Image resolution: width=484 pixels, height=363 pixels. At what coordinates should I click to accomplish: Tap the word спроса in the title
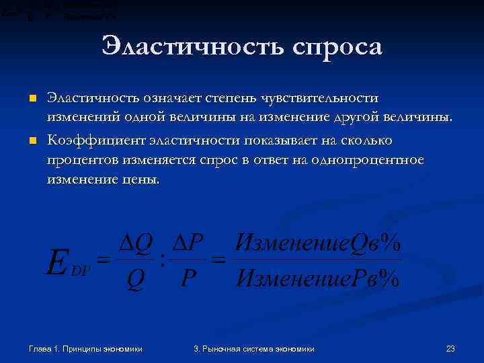(x=337, y=48)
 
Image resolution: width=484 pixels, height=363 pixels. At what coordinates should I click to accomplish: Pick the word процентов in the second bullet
(x=79, y=160)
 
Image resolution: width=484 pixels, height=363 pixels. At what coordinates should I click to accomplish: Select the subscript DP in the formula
(x=81, y=268)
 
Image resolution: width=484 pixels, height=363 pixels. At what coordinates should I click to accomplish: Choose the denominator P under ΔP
(x=189, y=278)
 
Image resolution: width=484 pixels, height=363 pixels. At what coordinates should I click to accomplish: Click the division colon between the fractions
(x=163, y=259)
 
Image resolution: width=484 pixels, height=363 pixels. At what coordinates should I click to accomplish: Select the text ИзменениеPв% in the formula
(x=317, y=278)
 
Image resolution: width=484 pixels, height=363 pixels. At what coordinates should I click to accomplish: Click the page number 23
(x=450, y=348)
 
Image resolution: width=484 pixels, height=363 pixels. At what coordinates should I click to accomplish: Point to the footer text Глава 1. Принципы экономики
(x=85, y=348)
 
